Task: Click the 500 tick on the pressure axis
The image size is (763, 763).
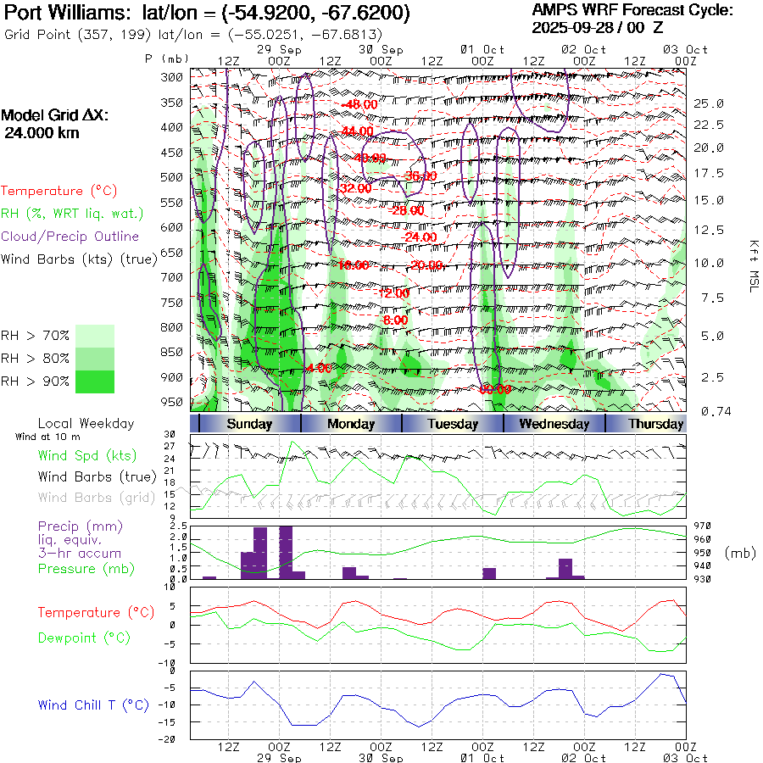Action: click(x=172, y=177)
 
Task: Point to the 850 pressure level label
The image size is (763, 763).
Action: click(x=172, y=352)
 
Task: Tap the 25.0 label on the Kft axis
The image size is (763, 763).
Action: click(x=709, y=103)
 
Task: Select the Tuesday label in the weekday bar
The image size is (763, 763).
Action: click(x=453, y=424)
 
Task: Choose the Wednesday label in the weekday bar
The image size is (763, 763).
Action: click(x=554, y=424)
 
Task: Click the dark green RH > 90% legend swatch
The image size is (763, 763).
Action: click(x=95, y=381)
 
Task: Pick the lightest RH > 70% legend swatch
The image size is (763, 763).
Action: click(x=95, y=335)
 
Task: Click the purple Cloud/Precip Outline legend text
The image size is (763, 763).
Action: click(x=70, y=237)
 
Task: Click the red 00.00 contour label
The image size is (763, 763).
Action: click(x=495, y=389)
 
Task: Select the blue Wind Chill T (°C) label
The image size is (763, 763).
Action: click(x=93, y=705)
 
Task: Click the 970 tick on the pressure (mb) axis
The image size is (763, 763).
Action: click(x=705, y=526)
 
